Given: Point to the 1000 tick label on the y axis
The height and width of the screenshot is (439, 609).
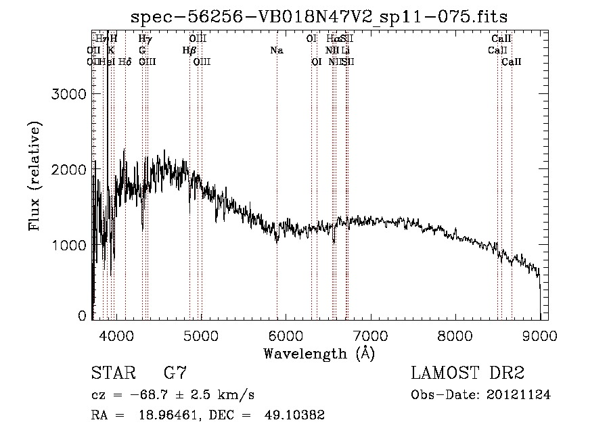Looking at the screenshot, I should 68,245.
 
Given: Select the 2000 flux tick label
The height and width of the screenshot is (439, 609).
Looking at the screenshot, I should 68,170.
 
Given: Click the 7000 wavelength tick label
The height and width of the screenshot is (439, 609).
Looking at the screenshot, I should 371,335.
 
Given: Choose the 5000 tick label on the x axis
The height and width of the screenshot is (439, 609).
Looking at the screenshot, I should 201,335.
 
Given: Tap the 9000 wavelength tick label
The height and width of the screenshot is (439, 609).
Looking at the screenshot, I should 540,335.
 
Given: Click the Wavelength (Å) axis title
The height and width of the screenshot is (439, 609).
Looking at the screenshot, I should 319,353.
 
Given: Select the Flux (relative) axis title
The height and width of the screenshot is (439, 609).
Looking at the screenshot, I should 34,177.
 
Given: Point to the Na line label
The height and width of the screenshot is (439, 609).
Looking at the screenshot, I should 276,50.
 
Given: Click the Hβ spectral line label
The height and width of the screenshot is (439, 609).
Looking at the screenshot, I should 189,50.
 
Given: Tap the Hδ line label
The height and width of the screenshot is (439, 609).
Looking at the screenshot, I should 125,62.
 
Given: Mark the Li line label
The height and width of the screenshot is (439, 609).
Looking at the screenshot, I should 346,50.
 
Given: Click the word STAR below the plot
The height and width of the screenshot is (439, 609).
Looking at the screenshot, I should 112,373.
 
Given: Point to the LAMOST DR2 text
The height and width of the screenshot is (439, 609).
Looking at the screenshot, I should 468,373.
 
